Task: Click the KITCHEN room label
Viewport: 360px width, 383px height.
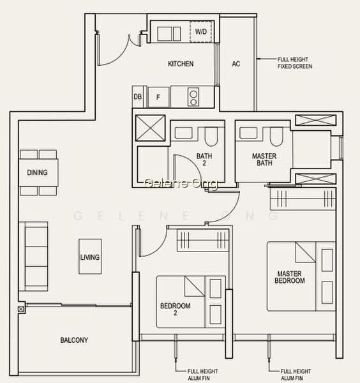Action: pyautogui.click(x=181, y=64)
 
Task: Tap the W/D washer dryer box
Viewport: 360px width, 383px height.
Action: pyautogui.click(x=201, y=31)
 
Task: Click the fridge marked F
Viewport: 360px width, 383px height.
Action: pyautogui.click(x=158, y=97)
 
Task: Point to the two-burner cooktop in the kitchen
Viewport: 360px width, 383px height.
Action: pyautogui.click(x=193, y=97)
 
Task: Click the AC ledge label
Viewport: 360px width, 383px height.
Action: pyautogui.click(x=236, y=64)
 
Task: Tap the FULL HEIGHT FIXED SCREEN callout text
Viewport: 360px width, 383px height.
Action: pyautogui.click(x=295, y=63)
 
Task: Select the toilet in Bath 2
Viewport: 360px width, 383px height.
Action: pyautogui.click(x=211, y=137)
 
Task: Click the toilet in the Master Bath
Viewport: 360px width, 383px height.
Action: pyautogui.click(x=276, y=137)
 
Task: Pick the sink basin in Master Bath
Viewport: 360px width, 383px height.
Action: pyautogui.click(x=248, y=133)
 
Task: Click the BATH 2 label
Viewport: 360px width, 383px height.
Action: pyautogui.click(x=204, y=159)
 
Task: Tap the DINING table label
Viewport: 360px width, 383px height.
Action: pyautogui.click(x=37, y=172)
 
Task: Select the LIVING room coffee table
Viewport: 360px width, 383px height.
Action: pyautogui.click(x=90, y=257)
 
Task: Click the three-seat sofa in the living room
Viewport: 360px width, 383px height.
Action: pyautogui.click(x=33, y=256)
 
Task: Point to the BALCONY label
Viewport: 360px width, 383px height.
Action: pyautogui.click(x=74, y=340)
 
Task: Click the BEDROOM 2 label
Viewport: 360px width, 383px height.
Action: pyautogui.click(x=175, y=309)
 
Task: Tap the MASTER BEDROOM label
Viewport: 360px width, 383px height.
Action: pyautogui.click(x=290, y=277)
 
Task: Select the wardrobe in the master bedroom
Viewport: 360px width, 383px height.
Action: pyautogui.click(x=303, y=199)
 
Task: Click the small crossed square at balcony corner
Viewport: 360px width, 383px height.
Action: pyautogui.click(x=21, y=309)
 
